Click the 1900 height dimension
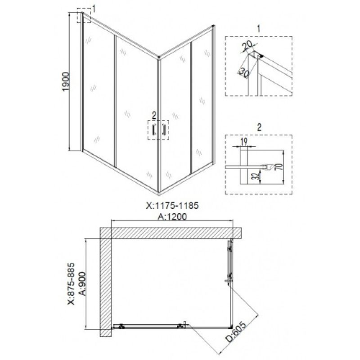(x=66, y=81)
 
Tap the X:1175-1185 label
(x=172, y=206)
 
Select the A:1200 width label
(x=172, y=216)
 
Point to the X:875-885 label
(x=71, y=283)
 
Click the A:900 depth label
(x=82, y=284)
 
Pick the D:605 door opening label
(x=235, y=332)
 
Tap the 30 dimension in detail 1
(x=244, y=72)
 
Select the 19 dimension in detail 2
(x=244, y=142)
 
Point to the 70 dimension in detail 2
(x=280, y=166)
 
